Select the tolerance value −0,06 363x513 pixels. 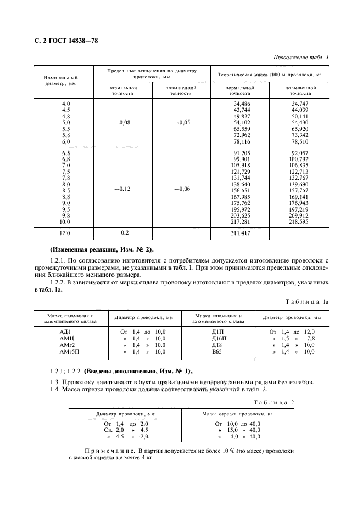(x=182, y=189)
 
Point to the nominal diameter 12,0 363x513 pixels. (x=65, y=233)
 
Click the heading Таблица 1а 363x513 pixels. (x=308, y=302)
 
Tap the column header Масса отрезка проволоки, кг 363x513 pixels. (x=238, y=414)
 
